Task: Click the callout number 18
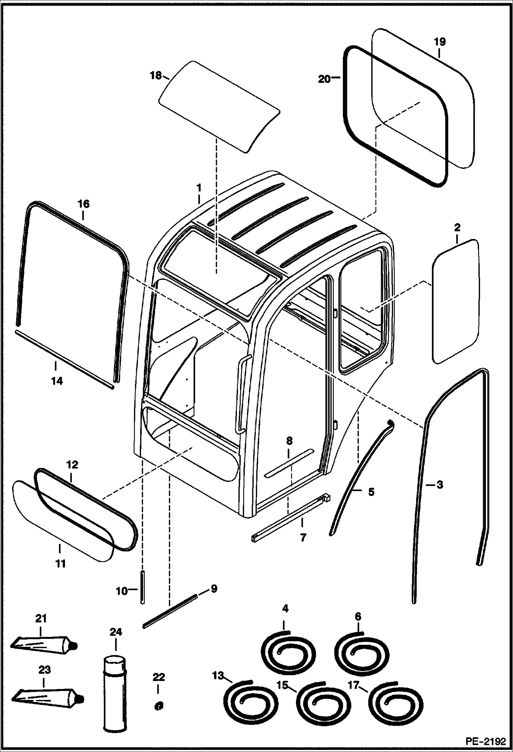[156, 75]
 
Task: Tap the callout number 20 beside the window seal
[324, 79]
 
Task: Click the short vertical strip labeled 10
[142, 587]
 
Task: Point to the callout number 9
[214, 589]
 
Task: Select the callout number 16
[83, 204]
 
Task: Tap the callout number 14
[57, 381]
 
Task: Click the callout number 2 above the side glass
[458, 227]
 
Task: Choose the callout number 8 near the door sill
[289, 440]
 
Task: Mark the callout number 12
[72, 465]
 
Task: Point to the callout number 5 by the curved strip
[371, 492]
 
